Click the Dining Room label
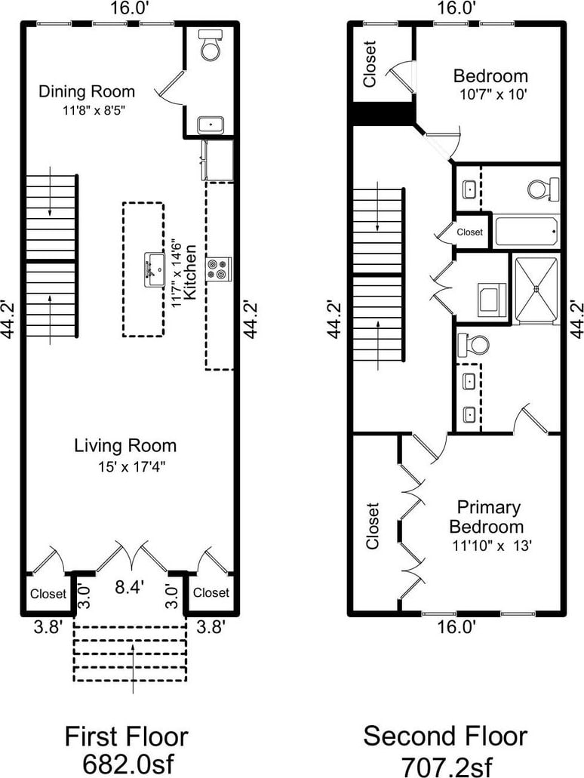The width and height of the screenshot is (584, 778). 87,92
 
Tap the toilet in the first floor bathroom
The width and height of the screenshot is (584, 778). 211,45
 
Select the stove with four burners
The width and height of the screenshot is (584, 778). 219,269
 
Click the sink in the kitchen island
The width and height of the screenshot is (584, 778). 155,269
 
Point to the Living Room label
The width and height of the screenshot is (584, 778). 125,445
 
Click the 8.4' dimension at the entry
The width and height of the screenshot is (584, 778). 130,588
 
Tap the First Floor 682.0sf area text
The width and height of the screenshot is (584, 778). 127,750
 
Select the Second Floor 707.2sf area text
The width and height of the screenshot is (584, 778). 445,750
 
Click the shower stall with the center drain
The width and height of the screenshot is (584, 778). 536,288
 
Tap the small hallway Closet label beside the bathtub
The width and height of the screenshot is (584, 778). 469,232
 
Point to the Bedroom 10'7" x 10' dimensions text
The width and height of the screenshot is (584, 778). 493,94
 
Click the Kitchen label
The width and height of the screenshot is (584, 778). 190,272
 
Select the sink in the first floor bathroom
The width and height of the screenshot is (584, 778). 211,125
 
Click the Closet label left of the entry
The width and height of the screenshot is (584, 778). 48,594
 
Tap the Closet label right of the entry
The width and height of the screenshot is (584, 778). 211,592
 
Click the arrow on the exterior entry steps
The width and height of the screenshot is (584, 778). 133,668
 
